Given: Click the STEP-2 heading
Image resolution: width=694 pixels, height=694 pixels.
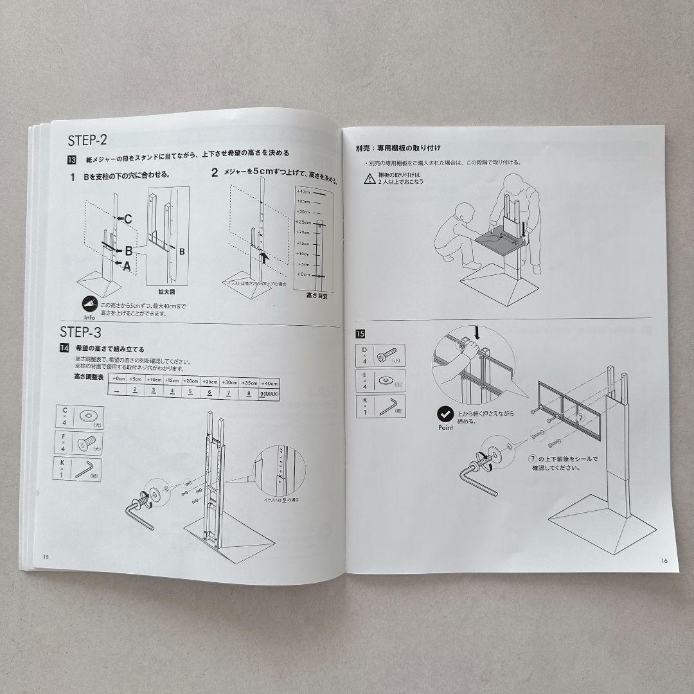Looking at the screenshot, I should coord(87,141).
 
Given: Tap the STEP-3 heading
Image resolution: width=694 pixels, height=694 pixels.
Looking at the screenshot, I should coord(80,332).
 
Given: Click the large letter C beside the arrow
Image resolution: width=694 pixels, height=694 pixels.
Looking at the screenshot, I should coord(128,219).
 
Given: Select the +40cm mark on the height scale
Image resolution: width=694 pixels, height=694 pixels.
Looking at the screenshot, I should coord(303,191).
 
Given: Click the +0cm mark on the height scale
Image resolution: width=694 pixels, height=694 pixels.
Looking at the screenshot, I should coord(303,275).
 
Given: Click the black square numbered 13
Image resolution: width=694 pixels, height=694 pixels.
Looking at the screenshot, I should coord(72,161).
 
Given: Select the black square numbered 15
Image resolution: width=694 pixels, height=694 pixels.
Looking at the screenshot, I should coord(360,334).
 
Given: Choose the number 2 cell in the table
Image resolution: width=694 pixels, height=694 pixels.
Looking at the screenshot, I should coord(134,391).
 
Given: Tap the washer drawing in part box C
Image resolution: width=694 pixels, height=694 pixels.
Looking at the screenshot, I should coord(85,416).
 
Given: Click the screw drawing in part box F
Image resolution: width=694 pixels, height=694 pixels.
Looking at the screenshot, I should coord(85,443).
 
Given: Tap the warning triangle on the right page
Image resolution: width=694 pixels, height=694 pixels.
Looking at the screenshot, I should coord(370,179).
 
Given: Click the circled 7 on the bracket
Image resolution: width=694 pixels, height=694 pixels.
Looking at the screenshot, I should coord(581,417).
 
